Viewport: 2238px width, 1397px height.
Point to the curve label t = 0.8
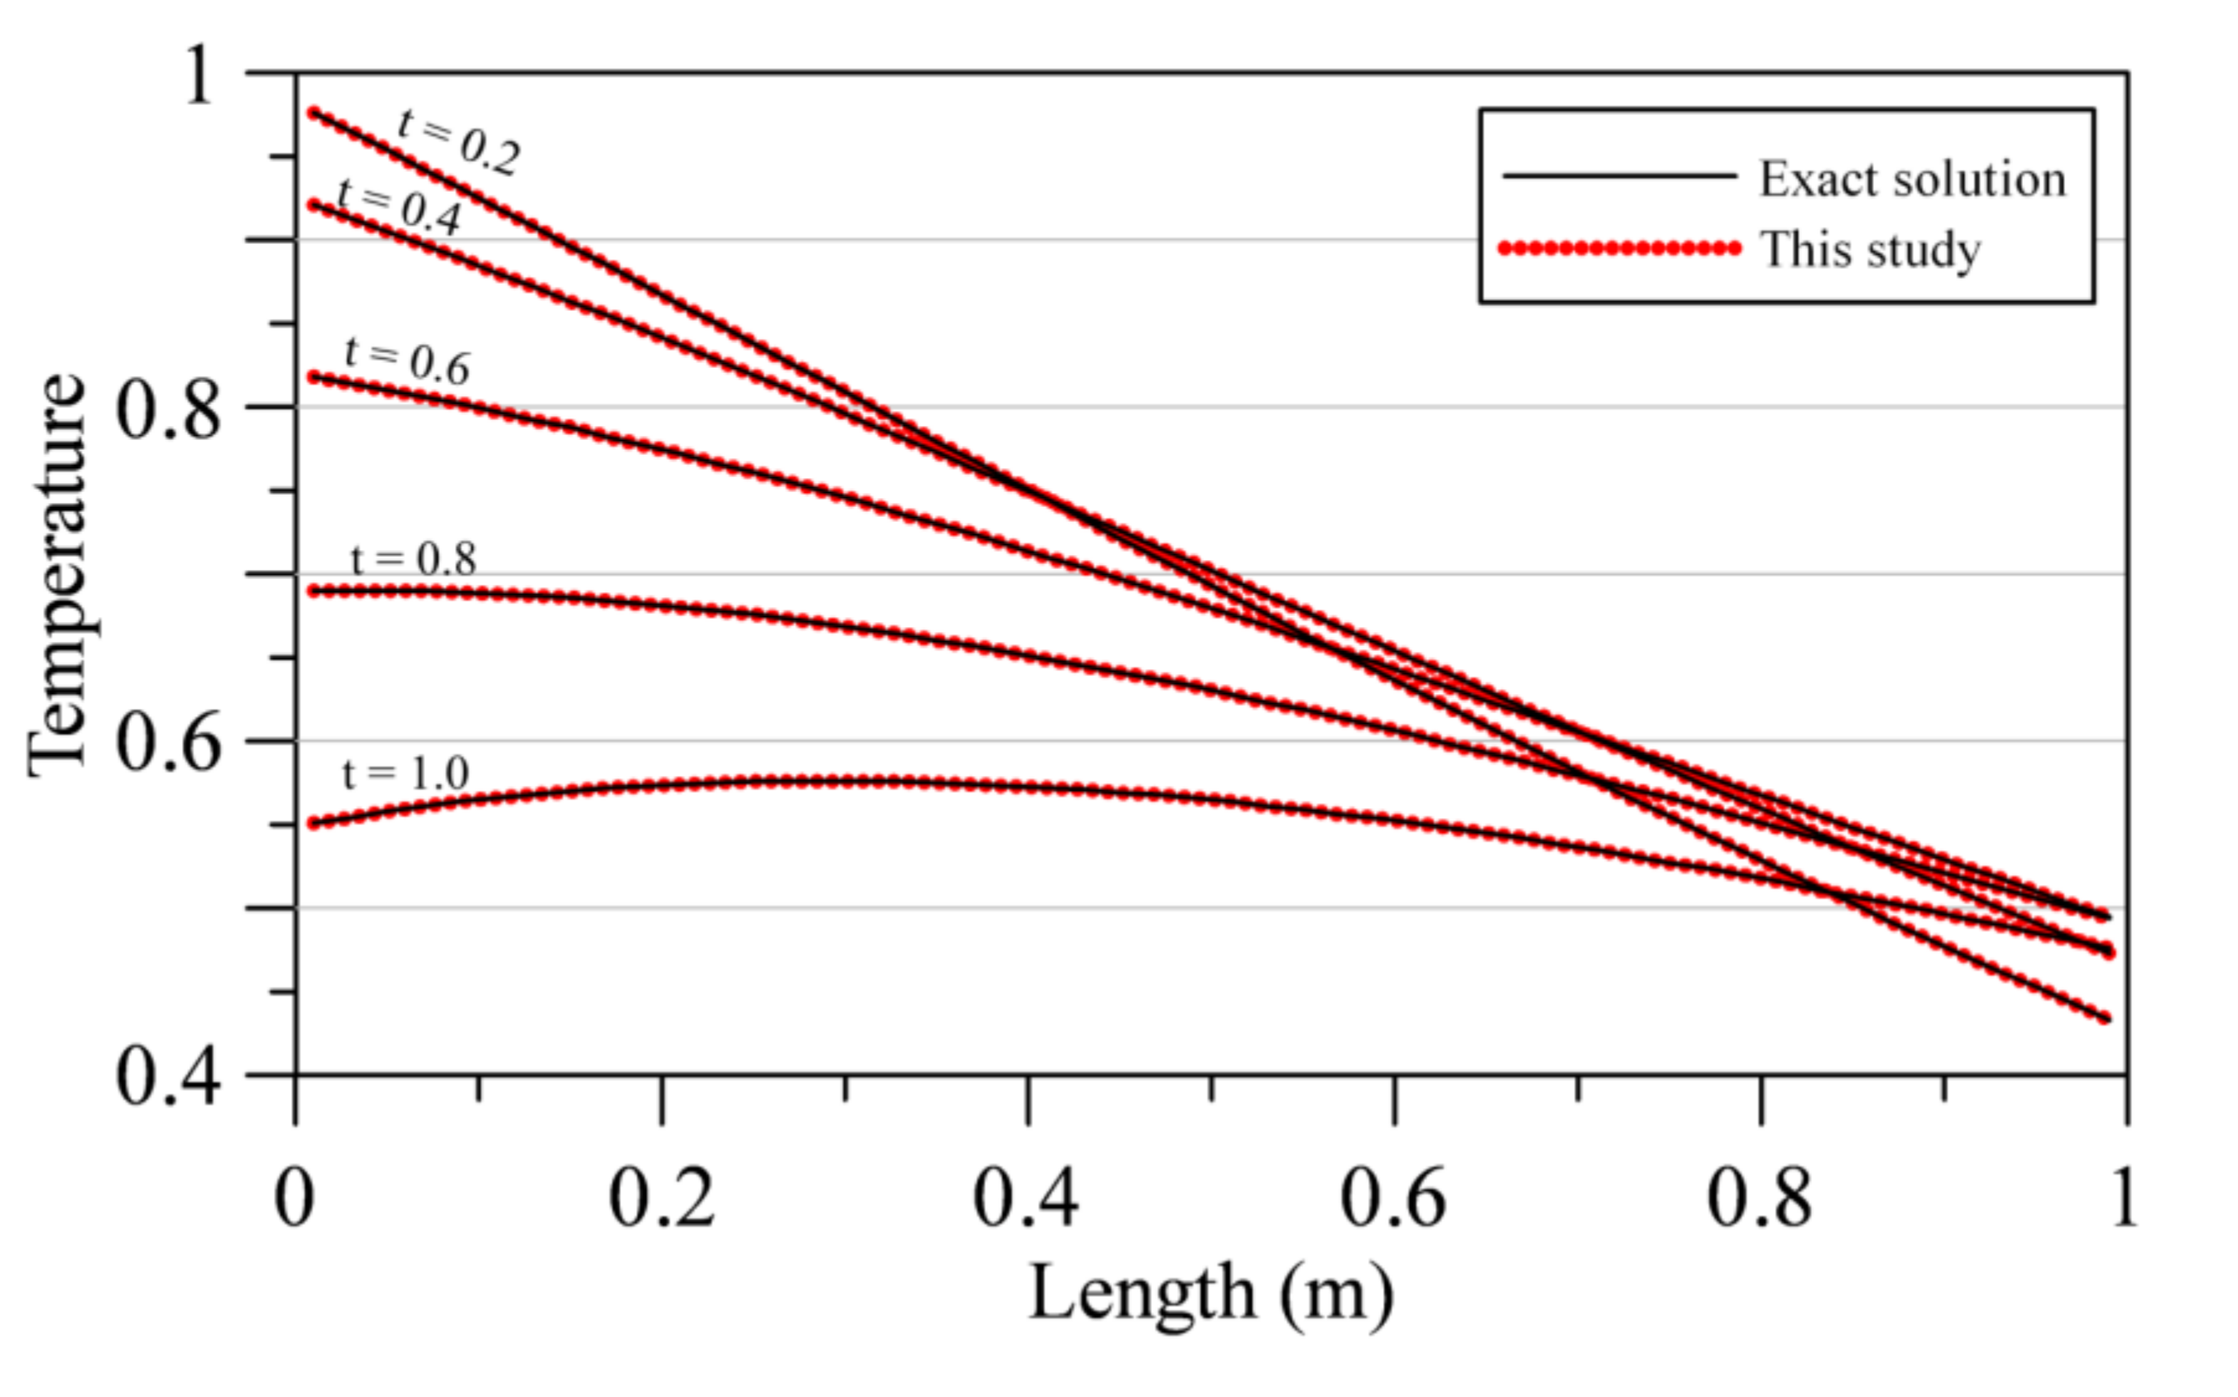pos(414,558)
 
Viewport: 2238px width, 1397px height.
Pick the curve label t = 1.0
pos(406,773)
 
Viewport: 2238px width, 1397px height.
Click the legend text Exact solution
pos(1912,179)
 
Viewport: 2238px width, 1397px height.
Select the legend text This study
pos(1871,250)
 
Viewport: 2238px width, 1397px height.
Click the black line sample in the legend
pos(1619,175)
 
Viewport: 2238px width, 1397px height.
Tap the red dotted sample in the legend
pos(1619,247)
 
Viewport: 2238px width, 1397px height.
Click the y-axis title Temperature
pos(57,575)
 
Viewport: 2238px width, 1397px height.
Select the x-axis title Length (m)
pos(1210,1294)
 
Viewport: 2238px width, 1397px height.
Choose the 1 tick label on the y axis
pos(199,76)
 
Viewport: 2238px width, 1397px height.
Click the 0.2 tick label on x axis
pos(662,1199)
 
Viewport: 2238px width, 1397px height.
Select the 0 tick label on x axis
pos(294,1199)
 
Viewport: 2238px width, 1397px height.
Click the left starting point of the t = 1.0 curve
pos(314,823)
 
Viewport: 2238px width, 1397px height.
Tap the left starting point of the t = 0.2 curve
pos(314,112)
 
